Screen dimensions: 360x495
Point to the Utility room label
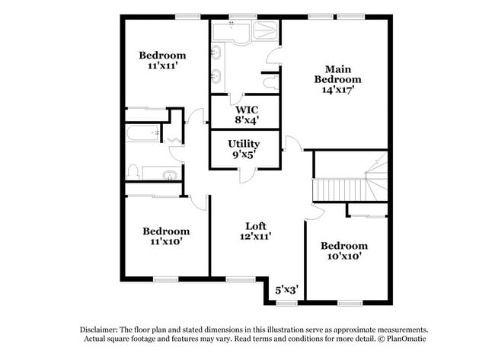pyautogui.click(x=244, y=143)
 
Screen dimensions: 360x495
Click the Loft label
pyautogui.click(x=256, y=225)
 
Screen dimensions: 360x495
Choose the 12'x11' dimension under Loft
pyautogui.click(x=256, y=236)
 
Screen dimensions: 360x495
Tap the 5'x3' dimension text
pyautogui.click(x=286, y=289)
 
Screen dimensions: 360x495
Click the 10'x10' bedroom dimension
pyautogui.click(x=343, y=256)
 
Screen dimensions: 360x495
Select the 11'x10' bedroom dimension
pyautogui.click(x=165, y=242)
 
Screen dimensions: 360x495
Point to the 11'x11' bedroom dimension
pyautogui.click(x=162, y=66)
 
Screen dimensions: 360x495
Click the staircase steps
pyautogui.click(x=340, y=189)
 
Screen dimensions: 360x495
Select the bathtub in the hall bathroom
pyautogui.click(x=145, y=135)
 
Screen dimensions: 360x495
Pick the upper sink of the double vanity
pyautogui.click(x=218, y=53)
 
